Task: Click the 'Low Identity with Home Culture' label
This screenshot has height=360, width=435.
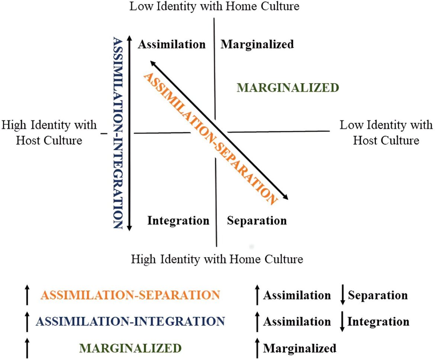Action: (x=215, y=6)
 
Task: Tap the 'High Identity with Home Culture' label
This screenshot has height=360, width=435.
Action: (x=217, y=259)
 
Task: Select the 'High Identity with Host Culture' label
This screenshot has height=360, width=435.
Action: (x=49, y=133)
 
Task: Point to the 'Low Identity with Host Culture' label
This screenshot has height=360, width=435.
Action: (x=386, y=133)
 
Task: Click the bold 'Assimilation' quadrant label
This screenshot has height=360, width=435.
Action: (x=172, y=44)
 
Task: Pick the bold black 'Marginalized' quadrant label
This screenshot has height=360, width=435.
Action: (x=257, y=44)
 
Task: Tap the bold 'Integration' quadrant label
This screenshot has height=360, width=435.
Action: (x=178, y=221)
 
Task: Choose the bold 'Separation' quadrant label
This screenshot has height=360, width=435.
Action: (x=257, y=221)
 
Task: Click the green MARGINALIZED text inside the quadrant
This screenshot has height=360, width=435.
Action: (x=288, y=88)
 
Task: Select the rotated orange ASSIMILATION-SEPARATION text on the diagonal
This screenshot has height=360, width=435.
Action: (x=210, y=139)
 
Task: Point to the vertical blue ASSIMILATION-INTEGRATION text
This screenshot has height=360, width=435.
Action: (x=118, y=133)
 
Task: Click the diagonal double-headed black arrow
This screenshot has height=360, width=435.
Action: (x=219, y=130)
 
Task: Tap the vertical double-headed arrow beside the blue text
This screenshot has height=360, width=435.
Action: (x=129, y=133)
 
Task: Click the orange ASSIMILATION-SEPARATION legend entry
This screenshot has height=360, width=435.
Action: (x=130, y=295)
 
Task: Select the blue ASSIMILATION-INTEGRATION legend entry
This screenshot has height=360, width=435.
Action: (x=130, y=321)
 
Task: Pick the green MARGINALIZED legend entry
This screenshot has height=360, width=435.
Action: (x=130, y=348)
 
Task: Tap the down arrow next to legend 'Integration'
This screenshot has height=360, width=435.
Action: (x=342, y=321)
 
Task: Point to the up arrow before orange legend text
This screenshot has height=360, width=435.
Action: (x=27, y=295)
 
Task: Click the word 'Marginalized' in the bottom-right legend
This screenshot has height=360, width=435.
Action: (x=300, y=348)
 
